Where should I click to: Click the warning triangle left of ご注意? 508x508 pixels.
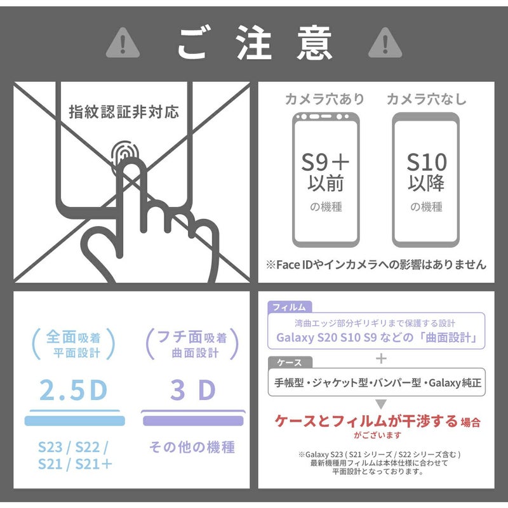123,44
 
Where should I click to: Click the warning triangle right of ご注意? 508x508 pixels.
385,44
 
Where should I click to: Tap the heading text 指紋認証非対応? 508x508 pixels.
124,112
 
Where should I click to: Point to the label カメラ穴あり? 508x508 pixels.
324,99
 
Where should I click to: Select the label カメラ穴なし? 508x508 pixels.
426,99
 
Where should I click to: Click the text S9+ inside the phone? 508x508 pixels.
325,163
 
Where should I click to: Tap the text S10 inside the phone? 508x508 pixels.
427,163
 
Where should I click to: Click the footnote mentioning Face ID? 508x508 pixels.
376,265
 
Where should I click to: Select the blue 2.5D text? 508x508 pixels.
73,390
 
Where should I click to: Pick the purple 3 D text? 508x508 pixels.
193,390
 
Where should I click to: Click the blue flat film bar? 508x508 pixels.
74,420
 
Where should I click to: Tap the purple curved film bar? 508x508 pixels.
193,420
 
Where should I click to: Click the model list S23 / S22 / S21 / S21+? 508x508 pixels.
75,455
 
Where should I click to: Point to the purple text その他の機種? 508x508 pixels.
192,447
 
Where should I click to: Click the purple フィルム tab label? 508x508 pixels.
290,307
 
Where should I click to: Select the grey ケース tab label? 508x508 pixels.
290,363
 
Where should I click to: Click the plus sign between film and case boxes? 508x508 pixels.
382,358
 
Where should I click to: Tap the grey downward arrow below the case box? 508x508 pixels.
381,404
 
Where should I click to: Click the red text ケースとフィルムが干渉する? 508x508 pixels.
366,422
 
